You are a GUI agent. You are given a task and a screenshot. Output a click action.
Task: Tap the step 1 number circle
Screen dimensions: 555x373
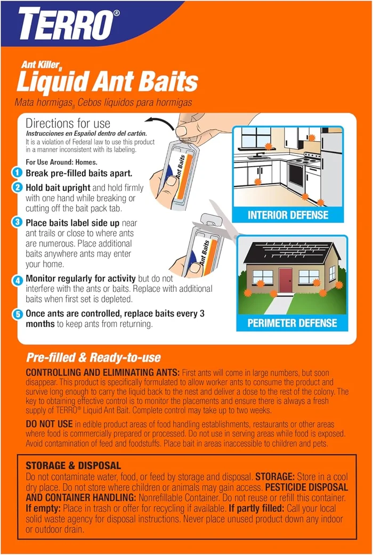(x=18, y=173)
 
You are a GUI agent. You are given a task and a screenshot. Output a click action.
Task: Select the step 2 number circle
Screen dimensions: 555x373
(x=18, y=187)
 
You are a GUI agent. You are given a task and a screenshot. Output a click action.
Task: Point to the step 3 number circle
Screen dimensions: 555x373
(x=18, y=223)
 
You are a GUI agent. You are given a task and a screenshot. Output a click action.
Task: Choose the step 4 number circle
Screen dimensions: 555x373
(x=18, y=279)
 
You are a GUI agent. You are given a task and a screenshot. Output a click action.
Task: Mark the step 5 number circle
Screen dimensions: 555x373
(x=18, y=314)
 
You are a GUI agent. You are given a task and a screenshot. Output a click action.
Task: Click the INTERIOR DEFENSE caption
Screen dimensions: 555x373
(x=288, y=215)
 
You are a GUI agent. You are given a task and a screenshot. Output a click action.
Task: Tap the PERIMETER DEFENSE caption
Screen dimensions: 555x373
(x=292, y=323)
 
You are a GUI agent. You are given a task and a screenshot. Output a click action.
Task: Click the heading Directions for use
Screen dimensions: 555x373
(x=68, y=124)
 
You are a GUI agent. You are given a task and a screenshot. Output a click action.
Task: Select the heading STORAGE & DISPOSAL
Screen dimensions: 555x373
(x=73, y=466)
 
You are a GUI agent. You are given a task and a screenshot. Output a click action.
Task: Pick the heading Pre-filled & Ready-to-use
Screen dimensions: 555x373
(x=93, y=358)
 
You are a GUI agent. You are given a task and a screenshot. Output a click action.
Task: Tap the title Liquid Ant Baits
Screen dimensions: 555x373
(x=107, y=82)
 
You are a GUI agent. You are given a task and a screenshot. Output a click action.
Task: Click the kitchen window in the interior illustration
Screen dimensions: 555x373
(x=256, y=137)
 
